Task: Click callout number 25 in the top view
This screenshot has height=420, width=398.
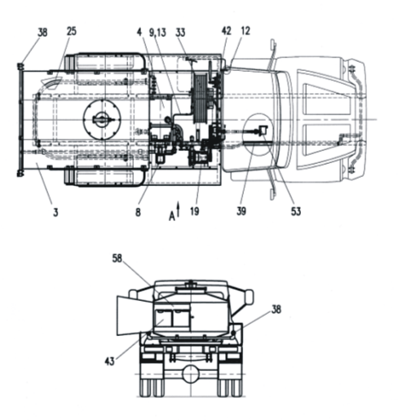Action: coord(72,31)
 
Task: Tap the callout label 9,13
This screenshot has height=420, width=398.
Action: coord(157,33)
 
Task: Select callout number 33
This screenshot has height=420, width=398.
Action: coord(180,33)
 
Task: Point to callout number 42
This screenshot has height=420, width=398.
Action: coord(227,31)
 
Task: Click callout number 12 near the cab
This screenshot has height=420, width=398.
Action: coord(245,31)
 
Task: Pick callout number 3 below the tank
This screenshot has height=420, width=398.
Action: coord(55,212)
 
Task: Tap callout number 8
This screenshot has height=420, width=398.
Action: coord(138,212)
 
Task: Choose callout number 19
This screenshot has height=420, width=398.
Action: coord(195,211)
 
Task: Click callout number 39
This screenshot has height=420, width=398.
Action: coord(241,211)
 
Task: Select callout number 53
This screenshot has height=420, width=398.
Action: coord(296,211)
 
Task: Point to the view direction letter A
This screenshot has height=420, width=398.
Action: coord(172,216)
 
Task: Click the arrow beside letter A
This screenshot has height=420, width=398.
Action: coord(178,210)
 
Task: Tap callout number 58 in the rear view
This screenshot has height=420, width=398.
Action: coord(117,259)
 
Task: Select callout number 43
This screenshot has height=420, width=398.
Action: coord(110,361)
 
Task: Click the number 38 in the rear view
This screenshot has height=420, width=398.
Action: coord(276,309)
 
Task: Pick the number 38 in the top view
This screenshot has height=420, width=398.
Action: coord(42,33)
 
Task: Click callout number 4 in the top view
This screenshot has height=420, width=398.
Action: coord(139,33)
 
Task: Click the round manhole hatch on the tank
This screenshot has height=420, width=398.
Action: coord(102,119)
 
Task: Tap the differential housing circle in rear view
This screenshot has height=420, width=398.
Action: coord(191,374)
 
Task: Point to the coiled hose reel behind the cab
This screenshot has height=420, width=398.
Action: coord(200,99)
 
